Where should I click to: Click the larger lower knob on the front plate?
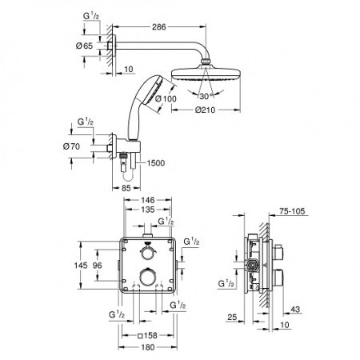145,279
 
